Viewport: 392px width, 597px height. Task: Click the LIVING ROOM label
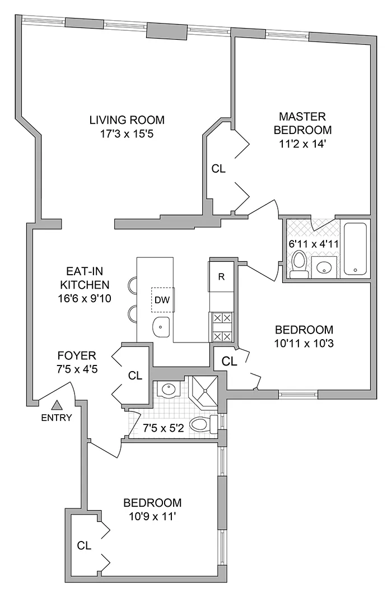127,119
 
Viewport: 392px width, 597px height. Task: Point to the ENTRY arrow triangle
57,405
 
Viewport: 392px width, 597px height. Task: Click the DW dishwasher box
162,299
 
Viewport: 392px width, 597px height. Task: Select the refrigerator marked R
221,276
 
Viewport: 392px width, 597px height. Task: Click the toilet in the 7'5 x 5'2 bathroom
203,424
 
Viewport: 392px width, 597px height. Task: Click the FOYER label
77,355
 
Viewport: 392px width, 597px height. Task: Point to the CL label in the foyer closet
135,376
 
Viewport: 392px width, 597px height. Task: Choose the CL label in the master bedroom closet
218,168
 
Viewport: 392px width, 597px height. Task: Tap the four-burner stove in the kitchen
221,327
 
